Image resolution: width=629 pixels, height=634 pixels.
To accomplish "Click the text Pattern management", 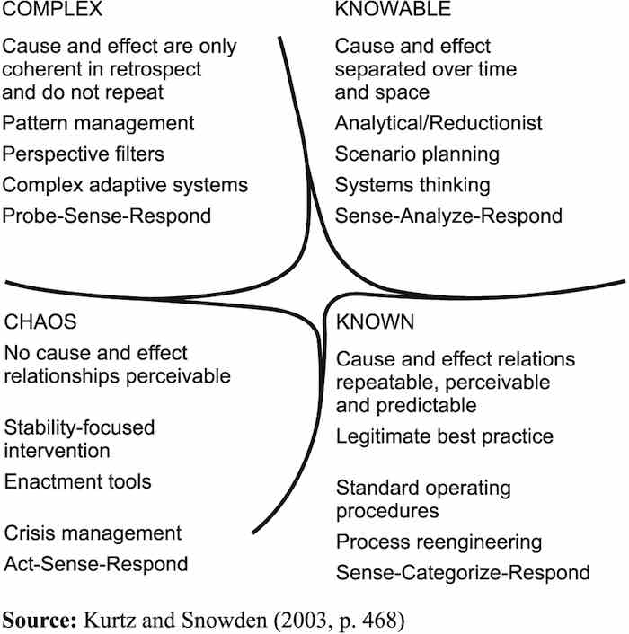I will (98, 122).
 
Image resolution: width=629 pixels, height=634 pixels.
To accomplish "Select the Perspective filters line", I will (84, 154).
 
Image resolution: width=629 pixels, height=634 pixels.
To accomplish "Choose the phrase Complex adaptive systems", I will (125, 185).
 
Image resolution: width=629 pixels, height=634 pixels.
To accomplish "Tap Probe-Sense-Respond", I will (108, 216).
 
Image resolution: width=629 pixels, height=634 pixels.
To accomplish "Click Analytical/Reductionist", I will (439, 122).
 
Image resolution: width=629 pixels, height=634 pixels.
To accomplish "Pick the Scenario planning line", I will (417, 154).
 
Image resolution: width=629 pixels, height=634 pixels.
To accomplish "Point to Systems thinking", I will (412, 185).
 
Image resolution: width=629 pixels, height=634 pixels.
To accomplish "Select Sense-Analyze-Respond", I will (448, 216).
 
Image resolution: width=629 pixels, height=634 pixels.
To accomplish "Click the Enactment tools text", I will (78, 481).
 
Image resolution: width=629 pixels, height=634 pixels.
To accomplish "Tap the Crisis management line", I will (92, 533).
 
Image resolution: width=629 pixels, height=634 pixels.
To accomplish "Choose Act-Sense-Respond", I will (96, 564).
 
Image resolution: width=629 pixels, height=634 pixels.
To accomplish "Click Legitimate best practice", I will (445, 436).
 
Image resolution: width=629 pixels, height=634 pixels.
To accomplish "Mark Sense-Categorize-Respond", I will (463, 572).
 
